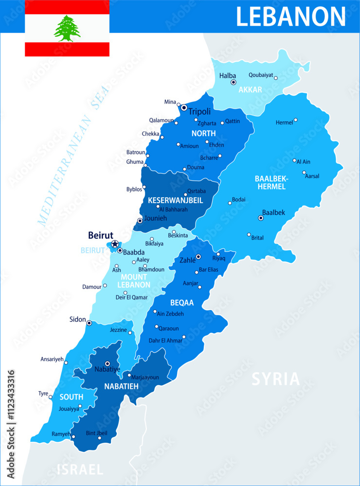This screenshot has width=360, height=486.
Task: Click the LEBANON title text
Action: pyautogui.click(x=291, y=16)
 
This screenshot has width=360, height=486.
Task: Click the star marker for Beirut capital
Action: pyautogui.click(x=115, y=244)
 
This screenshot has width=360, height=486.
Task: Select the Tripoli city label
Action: pyautogui.click(x=199, y=111)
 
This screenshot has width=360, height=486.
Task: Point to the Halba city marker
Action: pyautogui.click(x=234, y=83)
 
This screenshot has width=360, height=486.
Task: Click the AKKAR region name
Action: pyautogui.click(x=251, y=89)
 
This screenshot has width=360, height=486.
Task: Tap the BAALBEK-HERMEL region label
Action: pyautogui.click(x=271, y=182)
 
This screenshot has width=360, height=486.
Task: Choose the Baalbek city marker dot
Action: pyautogui.click(x=261, y=218)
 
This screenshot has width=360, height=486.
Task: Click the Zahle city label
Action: pyautogui.click(x=187, y=260)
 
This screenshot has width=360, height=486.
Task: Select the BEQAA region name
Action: pyautogui.click(x=182, y=302)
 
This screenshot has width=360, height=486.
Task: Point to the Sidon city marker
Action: pyautogui.click(x=89, y=323)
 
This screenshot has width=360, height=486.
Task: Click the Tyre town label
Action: pyautogui.click(x=43, y=393)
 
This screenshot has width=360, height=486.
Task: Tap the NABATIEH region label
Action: pyautogui.click(x=121, y=386)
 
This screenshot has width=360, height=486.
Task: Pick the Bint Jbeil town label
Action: pyautogui.click(x=96, y=433)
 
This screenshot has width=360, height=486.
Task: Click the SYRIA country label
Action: pyautogui.click(x=275, y=379)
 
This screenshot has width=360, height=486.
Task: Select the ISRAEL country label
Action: pyautogui.click(x=80, y=469)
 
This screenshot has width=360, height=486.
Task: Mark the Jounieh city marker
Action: pyautogui.click(x=140, y=221)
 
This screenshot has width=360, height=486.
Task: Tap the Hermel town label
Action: pyautogui.click(x=284, y=122)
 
